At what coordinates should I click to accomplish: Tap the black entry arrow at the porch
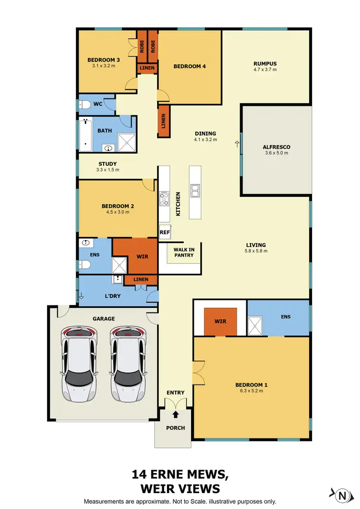(x=176, y=413)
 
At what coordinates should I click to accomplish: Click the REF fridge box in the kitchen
(x=165, y=232)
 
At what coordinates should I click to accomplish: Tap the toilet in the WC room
(x=85, y=104)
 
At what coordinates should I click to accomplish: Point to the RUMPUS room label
(x=265, y=63)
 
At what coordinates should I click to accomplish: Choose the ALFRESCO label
(x=276, y=147)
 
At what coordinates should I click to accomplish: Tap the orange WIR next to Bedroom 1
(x=220, y=321)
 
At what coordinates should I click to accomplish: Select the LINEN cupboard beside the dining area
(x=164, y=121)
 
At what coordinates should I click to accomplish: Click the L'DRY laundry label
(x=112, y=296)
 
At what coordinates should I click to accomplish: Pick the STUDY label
(x=107, y=164)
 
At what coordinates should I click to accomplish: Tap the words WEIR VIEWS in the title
(x=180, y=489)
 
